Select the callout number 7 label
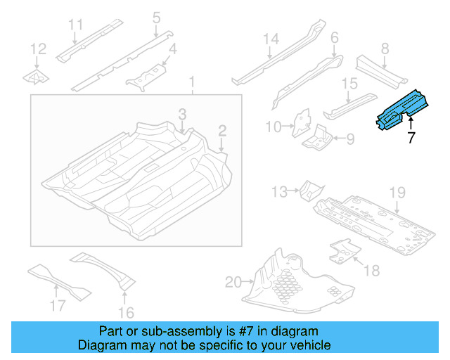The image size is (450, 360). pyautogui.click(x=411, y=137)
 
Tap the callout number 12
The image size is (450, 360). pyautogui.click(x=38, y=49)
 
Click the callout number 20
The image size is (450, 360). pyautogui.click(x=233, y=283)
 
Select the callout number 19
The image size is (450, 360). pyautogui.click(x=398, y=192)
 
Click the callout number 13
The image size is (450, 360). pyautogui.click(x=279, y=191)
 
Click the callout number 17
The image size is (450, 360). pyautogui.click(x=58, y=305)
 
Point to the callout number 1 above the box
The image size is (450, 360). pyautogui.click(x=191, y=85)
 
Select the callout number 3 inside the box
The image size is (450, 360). pyautogui.click(x=181, y=114)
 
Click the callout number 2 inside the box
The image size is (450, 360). pyautogui.click(x=221, y=130)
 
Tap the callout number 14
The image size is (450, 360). pyautogui.click(x=271, y=39)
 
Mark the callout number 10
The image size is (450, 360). pyautogui.click(x=273, y=127)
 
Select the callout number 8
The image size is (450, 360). pyautogui.click(x=385, y=49)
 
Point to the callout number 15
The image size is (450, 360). pyautogui.click(x=350, y=84)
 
